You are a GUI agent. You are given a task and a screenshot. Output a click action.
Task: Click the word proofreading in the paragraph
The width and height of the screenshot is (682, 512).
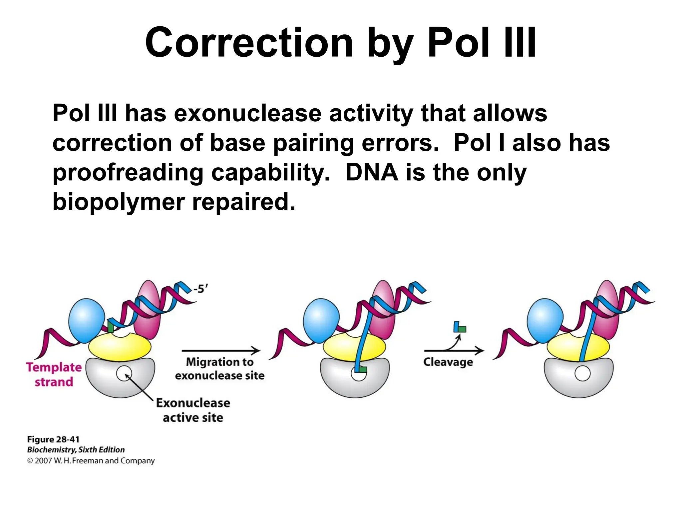[128, 173]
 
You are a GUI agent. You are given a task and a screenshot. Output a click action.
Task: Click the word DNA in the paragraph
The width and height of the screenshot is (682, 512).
[372, 173]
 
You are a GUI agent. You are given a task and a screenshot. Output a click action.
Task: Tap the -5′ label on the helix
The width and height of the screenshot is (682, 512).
[201, 289]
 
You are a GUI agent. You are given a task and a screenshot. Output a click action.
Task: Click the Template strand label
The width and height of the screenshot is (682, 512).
[54, 374]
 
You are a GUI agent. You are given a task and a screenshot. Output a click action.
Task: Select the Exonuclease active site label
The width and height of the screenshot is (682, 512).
[193, 410]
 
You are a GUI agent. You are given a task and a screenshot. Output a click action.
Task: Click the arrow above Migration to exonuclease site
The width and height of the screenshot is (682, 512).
[221, 351]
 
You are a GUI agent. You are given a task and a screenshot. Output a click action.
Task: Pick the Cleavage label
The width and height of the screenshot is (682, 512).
[448, 362]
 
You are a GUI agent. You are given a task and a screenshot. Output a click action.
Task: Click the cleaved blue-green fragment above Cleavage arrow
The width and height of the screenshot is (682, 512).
[460, 327]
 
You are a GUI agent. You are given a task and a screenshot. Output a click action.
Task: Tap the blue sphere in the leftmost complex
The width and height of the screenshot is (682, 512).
[86, 320]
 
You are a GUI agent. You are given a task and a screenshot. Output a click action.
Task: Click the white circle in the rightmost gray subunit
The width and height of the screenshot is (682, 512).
[582, 373]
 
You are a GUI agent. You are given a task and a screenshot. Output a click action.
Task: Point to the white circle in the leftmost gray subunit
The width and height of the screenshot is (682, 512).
[124, 373]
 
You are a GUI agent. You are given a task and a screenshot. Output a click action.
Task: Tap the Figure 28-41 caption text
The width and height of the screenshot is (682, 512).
[53, 439]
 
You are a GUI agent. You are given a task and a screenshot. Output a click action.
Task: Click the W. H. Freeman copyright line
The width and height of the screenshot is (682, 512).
[91, 461]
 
